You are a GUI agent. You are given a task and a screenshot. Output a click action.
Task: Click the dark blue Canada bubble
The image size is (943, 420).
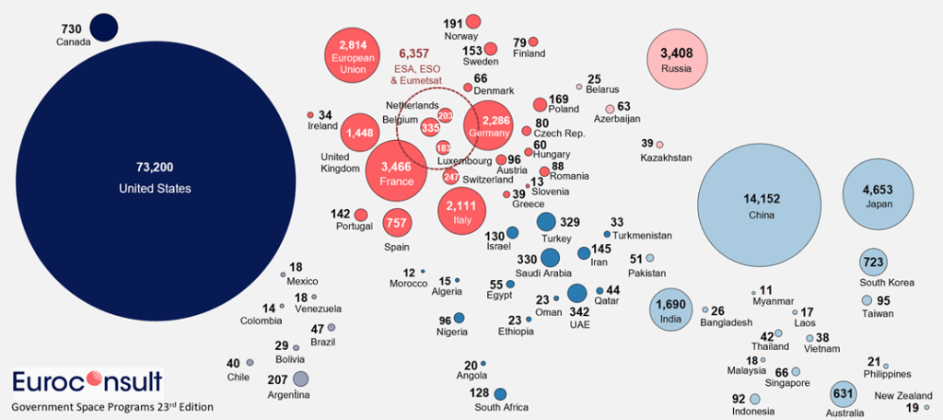(x=103, y=28)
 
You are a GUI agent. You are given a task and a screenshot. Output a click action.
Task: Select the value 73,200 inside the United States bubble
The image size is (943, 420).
(x=155, y=168)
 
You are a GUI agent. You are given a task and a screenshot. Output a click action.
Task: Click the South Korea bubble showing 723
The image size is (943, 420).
(x=873, y=262)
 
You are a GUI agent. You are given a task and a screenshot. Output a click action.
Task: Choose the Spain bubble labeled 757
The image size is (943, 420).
(x=396, y=222)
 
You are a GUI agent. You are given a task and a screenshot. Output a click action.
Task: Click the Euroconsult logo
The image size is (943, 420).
(x=88, y=381)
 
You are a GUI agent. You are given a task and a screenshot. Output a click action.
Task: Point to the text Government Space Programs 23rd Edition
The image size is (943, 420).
(x=112, y=406)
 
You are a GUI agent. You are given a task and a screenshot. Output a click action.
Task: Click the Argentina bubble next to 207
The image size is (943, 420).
(x=300, y=379)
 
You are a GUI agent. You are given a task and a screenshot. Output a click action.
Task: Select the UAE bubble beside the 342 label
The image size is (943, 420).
(x=577, y=294)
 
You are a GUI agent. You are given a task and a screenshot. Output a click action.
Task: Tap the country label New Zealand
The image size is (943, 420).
(x=899, y=396)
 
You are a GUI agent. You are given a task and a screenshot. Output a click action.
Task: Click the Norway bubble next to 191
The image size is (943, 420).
(x=473, y=21)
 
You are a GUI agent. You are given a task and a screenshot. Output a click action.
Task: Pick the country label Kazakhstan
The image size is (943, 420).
(x=665, y=158)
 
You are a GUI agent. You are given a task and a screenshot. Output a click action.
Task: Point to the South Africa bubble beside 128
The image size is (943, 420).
(x=500, y=393)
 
